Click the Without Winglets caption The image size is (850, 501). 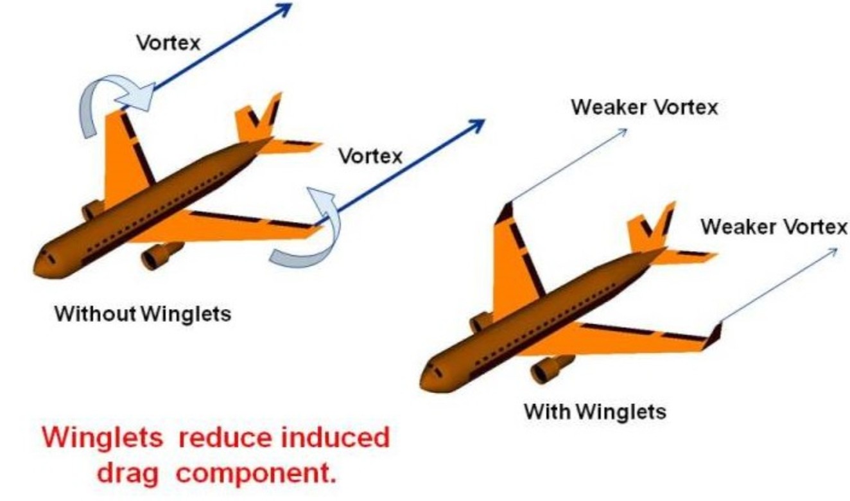pos(143,314)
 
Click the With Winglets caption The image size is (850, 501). pos(595,412)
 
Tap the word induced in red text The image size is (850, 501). pos(335,437)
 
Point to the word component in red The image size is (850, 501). pos(256,475)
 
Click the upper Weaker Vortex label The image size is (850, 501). pos(645,107)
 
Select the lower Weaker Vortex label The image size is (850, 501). pos(774,227)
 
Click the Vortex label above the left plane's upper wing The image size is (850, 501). pos(168,42)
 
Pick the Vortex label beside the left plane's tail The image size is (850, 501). pos(370,156)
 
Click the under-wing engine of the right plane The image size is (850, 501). pos(551,368)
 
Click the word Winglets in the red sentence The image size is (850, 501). pos(103,438)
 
